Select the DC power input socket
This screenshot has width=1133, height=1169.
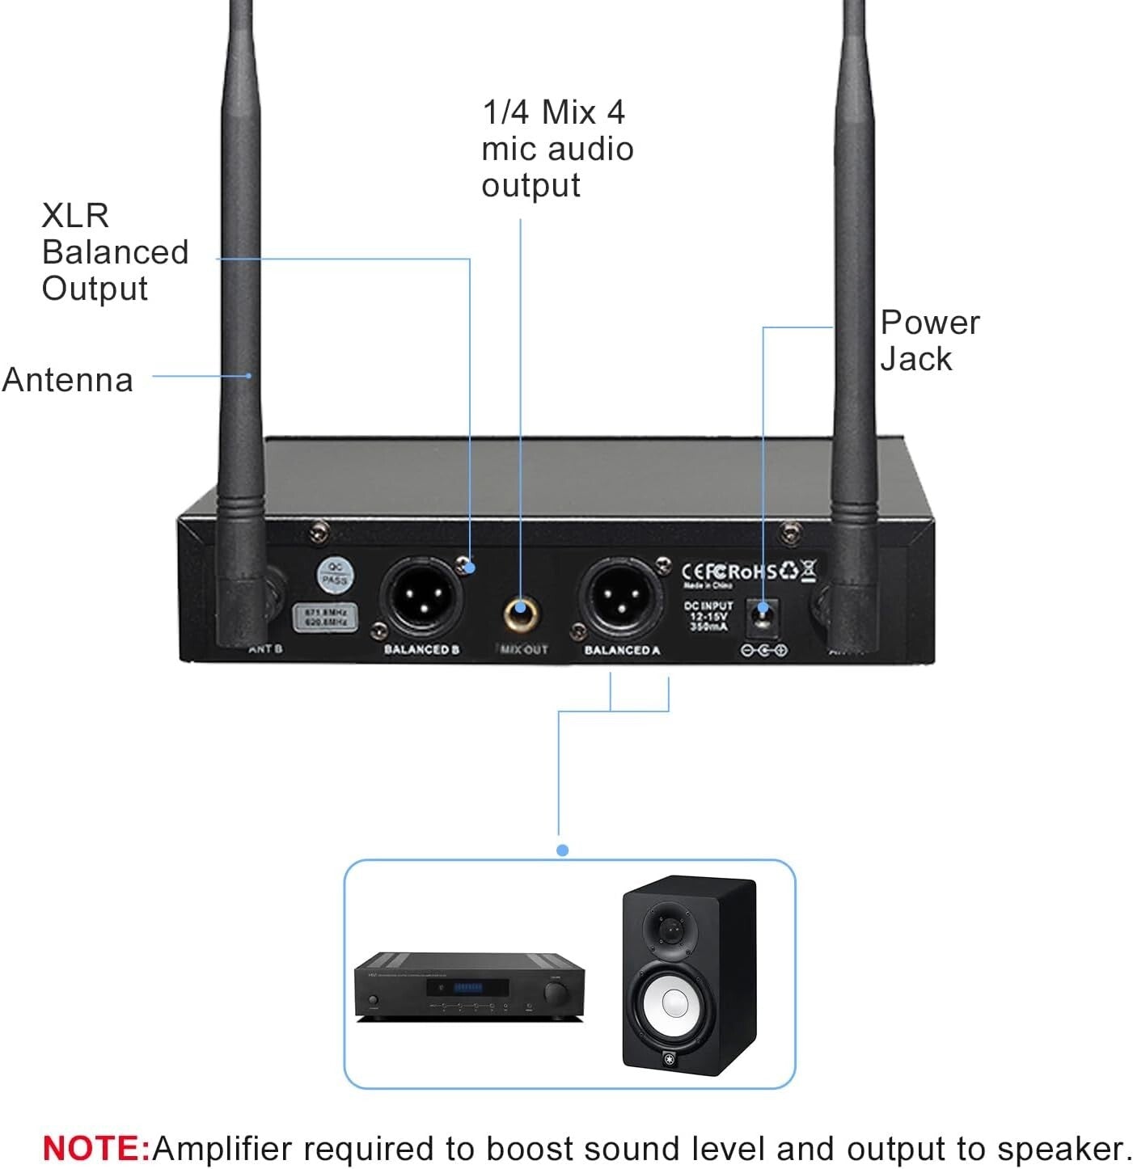762,617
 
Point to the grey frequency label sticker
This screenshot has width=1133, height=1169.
324,618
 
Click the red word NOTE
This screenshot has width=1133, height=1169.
95,1147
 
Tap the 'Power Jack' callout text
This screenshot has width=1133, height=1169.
929,340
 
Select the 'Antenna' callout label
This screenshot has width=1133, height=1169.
68,379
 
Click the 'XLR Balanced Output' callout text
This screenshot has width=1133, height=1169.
114,251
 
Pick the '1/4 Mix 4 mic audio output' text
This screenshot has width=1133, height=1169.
556,149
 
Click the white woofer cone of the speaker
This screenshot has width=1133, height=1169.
675,1004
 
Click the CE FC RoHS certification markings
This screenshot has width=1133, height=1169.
748,571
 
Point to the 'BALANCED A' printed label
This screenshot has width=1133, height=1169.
622,650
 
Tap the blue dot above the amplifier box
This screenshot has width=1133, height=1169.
563,850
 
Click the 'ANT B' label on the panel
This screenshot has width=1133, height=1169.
265,649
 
